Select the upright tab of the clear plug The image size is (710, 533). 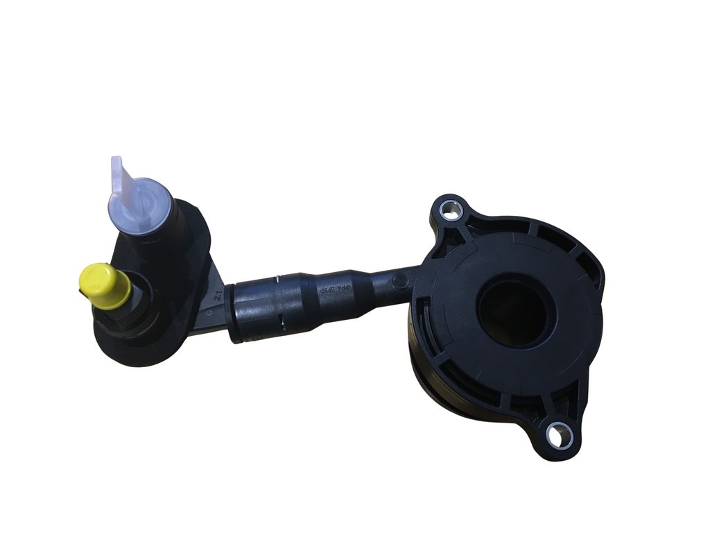click(121, 177)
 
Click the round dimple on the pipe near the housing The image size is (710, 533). click(399, 280)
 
